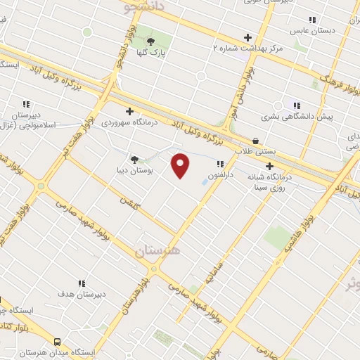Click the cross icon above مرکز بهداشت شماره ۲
click(x=247, y=37)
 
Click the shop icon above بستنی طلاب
click(x=255, y=141)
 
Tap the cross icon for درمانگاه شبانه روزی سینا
click(x=269, y=166)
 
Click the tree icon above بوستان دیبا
click(x=134, y=159)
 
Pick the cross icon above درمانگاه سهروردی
click(x=129, y=110)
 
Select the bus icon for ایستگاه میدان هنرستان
click(x=56, y=340)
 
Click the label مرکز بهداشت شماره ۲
click(x=247, y=48)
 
